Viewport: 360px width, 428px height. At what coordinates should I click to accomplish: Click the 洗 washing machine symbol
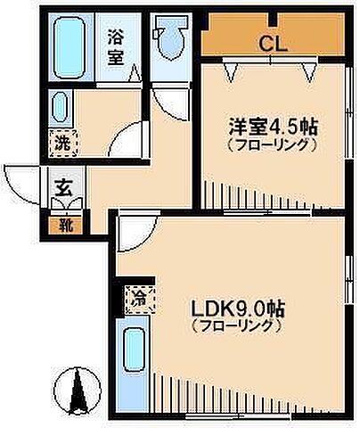click(59, 141)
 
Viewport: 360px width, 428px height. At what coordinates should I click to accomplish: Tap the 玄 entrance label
click(65, 188)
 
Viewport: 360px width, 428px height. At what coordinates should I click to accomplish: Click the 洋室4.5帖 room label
click(272, 127)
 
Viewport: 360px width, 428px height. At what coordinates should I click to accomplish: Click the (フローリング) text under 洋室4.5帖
click(272, 144)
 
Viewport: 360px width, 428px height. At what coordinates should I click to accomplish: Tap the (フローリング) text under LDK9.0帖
click(238, 327)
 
